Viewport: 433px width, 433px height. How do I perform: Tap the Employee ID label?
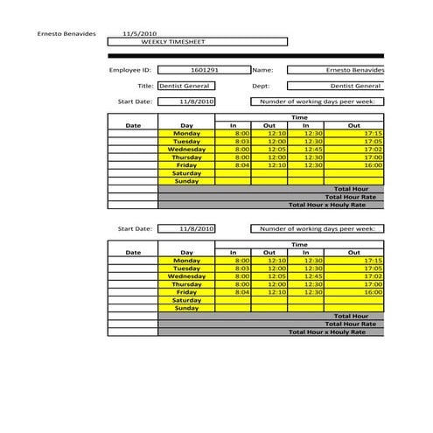(x=130, y=69)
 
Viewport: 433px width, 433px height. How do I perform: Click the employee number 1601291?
(x=203, y=69)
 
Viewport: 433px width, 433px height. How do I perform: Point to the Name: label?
(x=263, y=69)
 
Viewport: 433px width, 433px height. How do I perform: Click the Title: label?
(x=145, y=86)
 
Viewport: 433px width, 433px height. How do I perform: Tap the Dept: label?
(x=261, y=86)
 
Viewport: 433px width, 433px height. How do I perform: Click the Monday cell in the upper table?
(x=186, y=133)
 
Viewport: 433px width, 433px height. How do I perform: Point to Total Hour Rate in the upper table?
(x=356, y=197)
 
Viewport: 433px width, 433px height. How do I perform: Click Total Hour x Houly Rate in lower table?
(x=336, y=332)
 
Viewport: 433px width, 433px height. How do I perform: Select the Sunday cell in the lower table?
(x=186, y=308)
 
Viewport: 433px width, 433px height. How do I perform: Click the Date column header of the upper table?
(x=133, y=125)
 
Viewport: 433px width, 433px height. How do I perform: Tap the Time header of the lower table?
(x=299, y=245)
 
